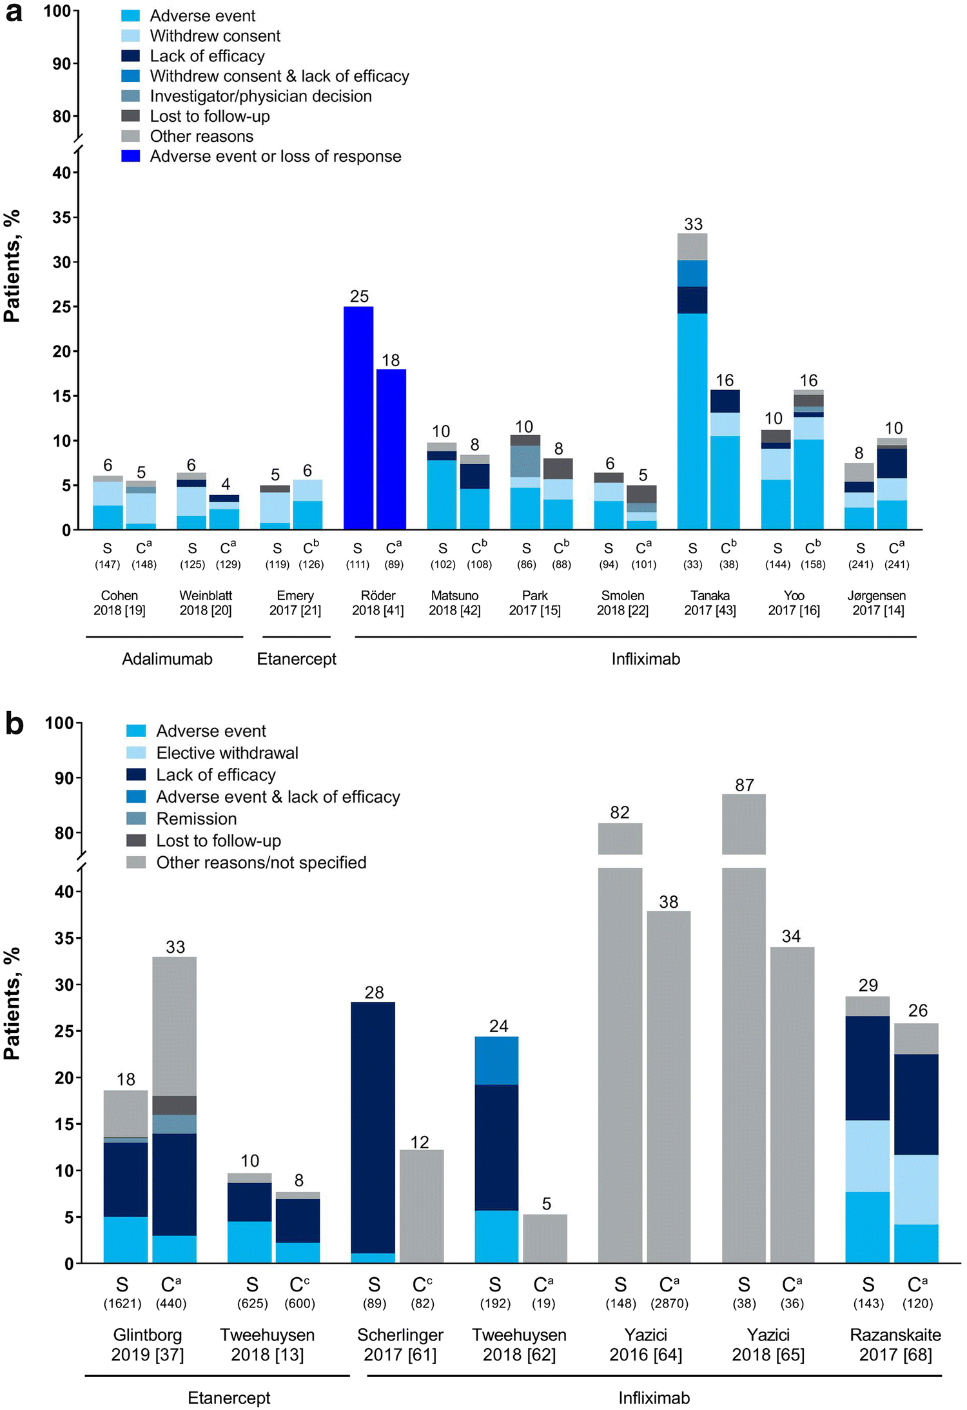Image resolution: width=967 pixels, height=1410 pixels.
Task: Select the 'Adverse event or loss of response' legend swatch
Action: (x=131, y=156)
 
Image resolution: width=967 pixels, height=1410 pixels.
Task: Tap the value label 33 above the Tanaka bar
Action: (x=693, y=224)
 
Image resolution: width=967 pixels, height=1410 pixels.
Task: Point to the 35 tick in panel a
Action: (x=62, y=217)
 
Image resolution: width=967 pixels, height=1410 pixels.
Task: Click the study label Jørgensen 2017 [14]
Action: (x=877, y=603)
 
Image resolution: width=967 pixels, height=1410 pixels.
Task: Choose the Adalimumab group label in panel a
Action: (x=167, y=659)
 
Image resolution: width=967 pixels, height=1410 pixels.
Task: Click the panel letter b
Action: (x=14, y=723)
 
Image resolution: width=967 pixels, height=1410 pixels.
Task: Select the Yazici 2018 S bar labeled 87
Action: (x=744, y=1064)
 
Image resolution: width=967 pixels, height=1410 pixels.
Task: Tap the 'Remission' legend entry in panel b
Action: (x=196, y=819)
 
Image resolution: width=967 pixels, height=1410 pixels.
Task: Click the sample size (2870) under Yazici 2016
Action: (x=669, y=1303)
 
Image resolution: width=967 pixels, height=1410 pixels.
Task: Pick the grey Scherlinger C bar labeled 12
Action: (x=422, y=1206)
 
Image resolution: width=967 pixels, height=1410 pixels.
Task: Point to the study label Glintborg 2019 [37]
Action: (x=147, y=1344)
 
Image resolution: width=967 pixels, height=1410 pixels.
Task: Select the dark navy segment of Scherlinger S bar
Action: (x=373, y=1128)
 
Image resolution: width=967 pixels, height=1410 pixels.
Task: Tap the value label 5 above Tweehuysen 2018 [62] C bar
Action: (x=546, y=1204)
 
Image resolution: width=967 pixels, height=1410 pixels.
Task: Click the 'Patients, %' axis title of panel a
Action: (x=12, y=266)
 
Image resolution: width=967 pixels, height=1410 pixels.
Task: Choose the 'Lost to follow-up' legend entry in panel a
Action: (x=210, y=116)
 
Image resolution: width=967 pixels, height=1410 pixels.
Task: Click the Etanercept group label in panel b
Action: (x=229, y=1398)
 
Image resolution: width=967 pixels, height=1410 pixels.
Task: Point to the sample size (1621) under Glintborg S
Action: (x=122, y=1303)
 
